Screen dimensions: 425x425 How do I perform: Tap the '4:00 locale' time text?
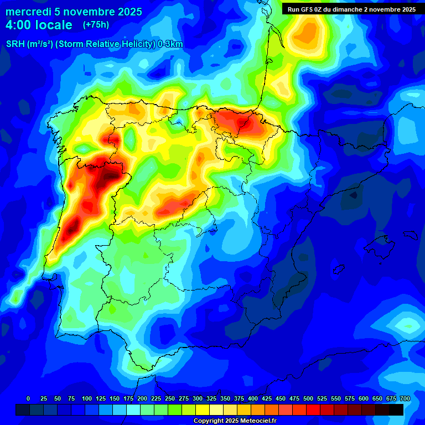39,25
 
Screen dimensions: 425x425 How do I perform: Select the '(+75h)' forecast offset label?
96,24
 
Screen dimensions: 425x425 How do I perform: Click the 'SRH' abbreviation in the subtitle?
15,44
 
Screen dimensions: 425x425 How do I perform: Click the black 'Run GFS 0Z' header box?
353,9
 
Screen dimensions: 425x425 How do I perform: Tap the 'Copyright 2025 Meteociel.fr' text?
235,421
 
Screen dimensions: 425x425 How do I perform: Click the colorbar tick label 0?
28,398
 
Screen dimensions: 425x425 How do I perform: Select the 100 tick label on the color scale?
86,398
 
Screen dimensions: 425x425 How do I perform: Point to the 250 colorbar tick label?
169,398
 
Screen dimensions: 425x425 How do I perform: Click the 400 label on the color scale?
253,398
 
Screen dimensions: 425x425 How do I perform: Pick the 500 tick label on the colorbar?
308,398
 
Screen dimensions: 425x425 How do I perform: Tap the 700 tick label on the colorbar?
405,398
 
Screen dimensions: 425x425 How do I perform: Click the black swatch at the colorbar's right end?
396,410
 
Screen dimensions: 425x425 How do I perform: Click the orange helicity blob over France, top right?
308,34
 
